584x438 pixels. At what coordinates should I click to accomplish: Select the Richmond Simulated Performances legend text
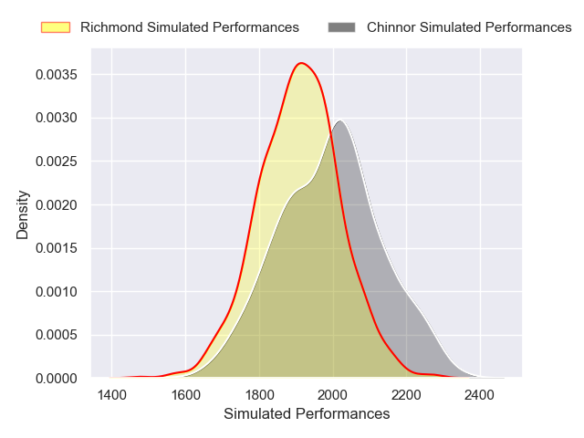pos(189,27)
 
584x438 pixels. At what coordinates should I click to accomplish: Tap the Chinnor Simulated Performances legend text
pos(469,27)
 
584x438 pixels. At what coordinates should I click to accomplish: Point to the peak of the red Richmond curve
pos(301,63)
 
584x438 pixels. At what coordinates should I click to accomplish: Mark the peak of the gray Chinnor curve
pos(339,120)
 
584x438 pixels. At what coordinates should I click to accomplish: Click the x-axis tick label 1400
pos(111,395)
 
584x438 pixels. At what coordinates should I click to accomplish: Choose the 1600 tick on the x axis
pos(185,395)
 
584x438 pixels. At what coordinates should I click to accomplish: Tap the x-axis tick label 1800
pos(259,395)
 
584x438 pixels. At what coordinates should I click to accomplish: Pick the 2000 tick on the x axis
pos(333,395)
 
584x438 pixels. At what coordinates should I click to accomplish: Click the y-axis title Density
pos(23,214)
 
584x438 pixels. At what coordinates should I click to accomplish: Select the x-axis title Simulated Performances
pos(307,414)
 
